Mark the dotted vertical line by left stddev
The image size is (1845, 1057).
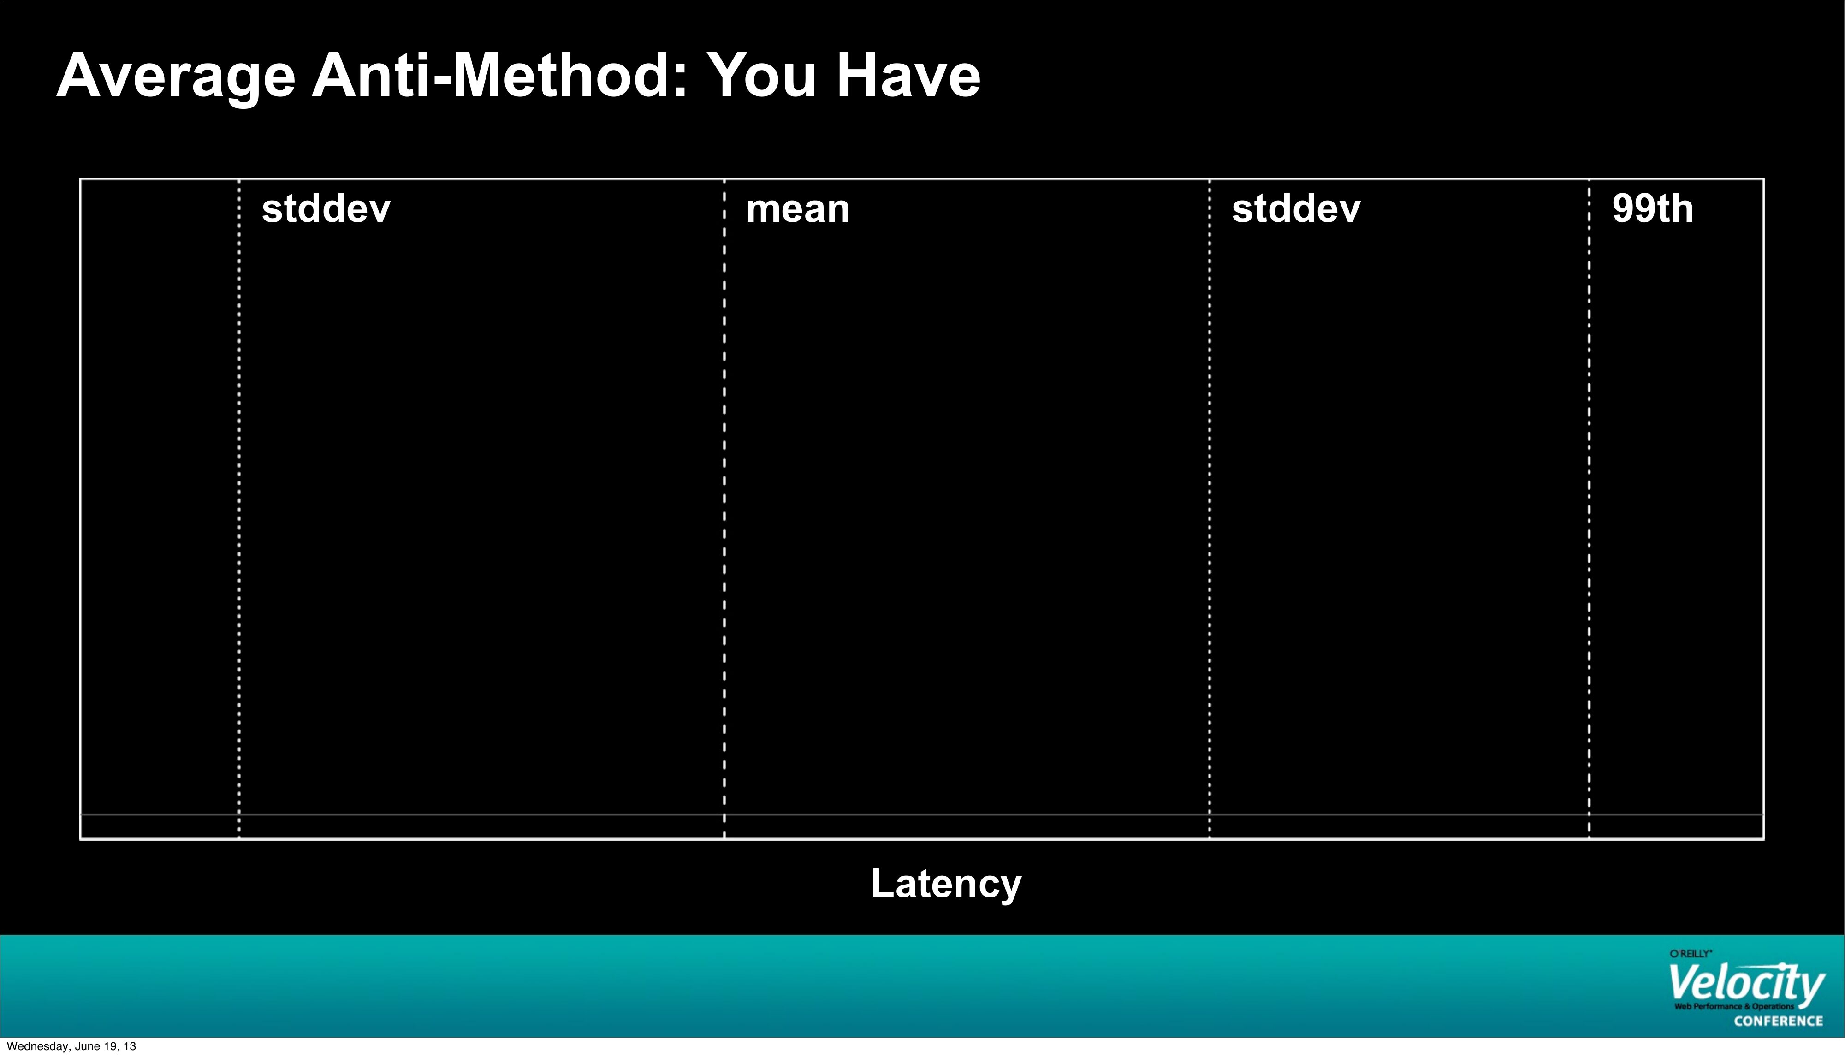[x=239, y=509]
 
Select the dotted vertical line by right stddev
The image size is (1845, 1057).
[x=1209, y=509]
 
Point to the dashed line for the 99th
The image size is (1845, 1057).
[x=1589, y=509]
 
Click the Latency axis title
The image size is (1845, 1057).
[x=946, y=884]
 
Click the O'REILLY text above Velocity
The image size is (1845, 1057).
[x=1691, y=954]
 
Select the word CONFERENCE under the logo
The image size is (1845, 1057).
[x=1778, y=1021]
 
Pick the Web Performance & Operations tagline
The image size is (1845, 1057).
[x=1734, y=1006]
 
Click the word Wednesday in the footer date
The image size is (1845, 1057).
[x=38, y=1046]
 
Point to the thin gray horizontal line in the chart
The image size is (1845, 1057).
[x=922, y=814]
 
